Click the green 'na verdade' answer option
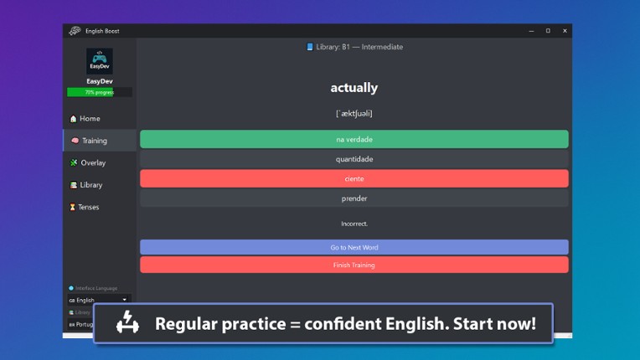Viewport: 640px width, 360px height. click(354, 139)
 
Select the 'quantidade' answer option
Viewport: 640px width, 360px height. click(354, 159)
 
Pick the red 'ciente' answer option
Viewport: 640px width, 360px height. click(354, 178)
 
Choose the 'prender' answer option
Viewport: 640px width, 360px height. click(354, 198)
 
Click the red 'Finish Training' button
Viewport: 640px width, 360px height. click(354, 265)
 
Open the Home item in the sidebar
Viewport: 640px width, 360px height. click(90, 119)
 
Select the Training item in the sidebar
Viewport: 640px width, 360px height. click(94, 141)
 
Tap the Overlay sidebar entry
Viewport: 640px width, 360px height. click(92, 162)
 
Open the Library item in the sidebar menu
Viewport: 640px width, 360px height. click(90, 185)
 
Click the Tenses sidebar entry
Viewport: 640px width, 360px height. click(88, 207)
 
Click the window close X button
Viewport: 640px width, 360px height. click(565, 31)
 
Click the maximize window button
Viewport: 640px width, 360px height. click(548, 31)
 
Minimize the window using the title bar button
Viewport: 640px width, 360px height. click(531, 31)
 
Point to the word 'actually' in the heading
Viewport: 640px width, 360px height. click(354, 88)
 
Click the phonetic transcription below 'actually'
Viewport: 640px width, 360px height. click(354, 113)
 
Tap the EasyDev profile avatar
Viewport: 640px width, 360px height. click(99, 61)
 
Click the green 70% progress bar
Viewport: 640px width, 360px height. click(99, 92)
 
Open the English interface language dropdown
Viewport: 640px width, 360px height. click(99, 300)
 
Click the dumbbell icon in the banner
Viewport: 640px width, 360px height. click(127, 322)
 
